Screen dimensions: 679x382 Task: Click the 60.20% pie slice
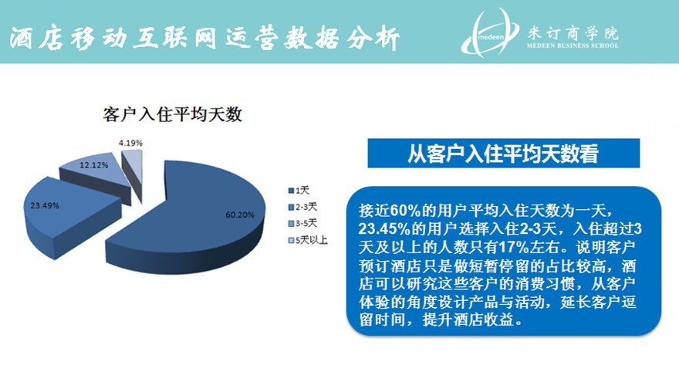point(191,217)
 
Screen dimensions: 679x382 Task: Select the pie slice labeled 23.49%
point(65,212)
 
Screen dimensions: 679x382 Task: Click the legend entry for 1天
point(299,191)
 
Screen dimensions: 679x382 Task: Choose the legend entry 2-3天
point(302,207)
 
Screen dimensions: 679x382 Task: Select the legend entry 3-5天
point(302,224)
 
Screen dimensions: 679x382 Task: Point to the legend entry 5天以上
point(308,240)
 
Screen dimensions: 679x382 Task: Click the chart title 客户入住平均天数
point(172,114)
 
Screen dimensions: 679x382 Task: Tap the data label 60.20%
point(239,215)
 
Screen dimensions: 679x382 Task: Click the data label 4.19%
point(130,143)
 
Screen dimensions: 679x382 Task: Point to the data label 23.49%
point(45,205)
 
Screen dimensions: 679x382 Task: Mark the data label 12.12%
point(93,165)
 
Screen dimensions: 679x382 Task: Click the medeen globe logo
point(490,33)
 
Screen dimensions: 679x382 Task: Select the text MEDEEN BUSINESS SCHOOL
point(573,46)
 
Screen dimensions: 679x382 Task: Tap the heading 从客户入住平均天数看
point(503,154)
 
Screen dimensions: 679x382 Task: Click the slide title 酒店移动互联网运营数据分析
point(204,39)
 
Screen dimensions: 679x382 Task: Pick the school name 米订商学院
point(573,33)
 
